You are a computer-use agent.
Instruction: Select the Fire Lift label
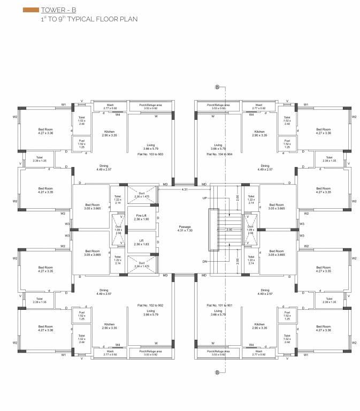pyautogui.click(x=141, y=217)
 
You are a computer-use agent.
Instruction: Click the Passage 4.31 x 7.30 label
pyautogui.click(x=185, y=229)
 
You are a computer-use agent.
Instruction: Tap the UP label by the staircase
pyautogui.click(x=205, y=198)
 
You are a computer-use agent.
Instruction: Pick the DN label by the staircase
pyautogui.click(x=205, y=261)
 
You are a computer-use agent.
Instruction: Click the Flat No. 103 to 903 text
pyautogui.click(x=149, y=154)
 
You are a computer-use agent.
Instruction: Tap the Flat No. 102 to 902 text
pyautogui.click(x=149, y=306)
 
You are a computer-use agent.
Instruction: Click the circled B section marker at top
pyautogui.click(x=217, y=87)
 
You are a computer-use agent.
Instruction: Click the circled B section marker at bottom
pyautogui.click(x=217, y=372)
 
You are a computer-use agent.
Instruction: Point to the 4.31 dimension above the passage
pyautogui.click(x=184, y=189)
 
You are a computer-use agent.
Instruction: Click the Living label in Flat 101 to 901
pyautogui.click(x=218, y=312)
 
